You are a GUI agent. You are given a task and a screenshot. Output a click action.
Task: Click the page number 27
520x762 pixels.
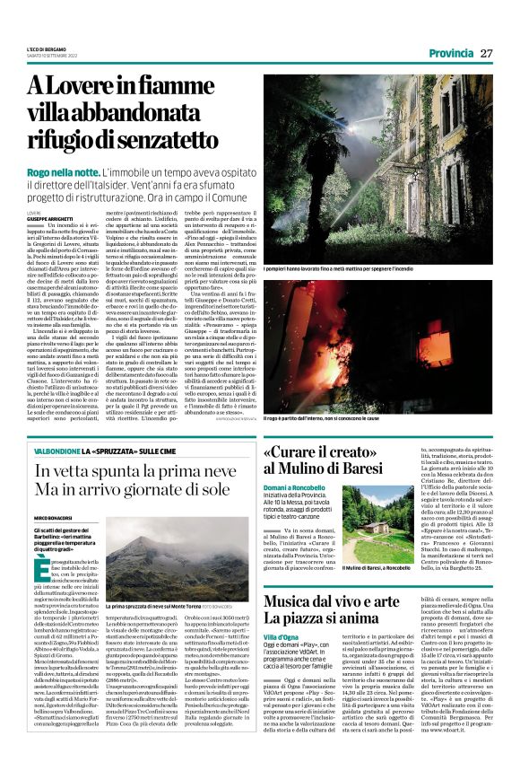[x=487, y=54]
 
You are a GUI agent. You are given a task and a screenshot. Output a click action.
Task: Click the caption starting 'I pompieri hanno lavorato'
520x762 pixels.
[x=337, y=269]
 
